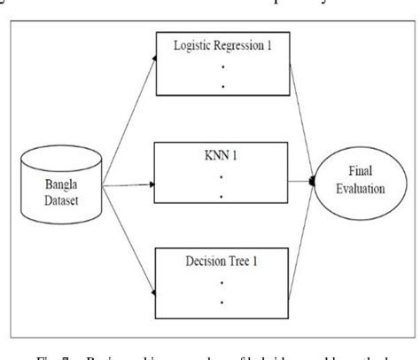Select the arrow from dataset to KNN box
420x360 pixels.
[124, 184]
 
